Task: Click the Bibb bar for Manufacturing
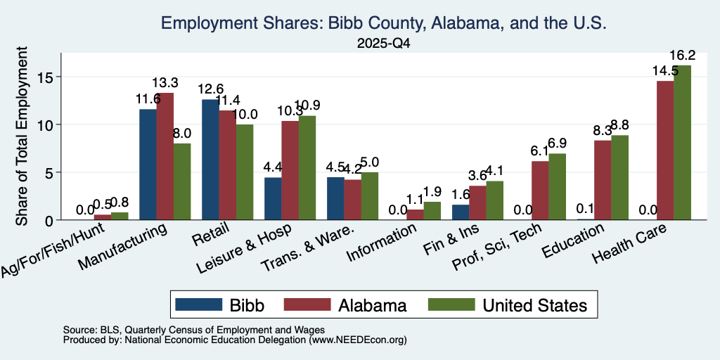pos(148,165)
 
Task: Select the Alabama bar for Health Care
pos(665,150)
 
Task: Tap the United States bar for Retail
pos(244,172)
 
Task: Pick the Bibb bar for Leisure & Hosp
pos(273,199)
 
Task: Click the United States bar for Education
pos(619,178)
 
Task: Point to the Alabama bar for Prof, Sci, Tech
pos(540,191)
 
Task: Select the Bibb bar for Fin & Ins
pos(461,212)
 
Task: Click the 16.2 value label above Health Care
pos(682,56)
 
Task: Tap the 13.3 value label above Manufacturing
pos(165,83)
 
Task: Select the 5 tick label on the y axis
pos(50,172)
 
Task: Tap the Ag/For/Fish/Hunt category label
pos(53,250)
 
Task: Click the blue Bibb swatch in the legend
pos(199,304)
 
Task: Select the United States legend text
pos(534,305)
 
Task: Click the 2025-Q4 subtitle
pos(383,44)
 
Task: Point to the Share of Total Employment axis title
pos(22,136)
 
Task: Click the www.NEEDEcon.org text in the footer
pos(358,340)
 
